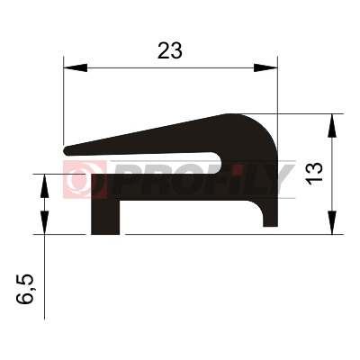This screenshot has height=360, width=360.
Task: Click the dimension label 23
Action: point(170,50)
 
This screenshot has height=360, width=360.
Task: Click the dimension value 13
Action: point(314,174)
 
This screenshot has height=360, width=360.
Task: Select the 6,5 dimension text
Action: point(24,289)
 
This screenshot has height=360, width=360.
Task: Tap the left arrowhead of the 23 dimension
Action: point(76,67)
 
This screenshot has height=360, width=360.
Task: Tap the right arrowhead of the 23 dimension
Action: point(265,67)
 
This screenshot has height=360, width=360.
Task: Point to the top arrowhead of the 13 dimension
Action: point(332,126)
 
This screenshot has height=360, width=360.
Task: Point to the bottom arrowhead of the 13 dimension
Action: point(332,222)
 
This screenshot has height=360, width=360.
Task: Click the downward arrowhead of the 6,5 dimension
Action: point(44,222)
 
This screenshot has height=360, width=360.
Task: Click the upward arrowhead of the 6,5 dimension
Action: point(44,185)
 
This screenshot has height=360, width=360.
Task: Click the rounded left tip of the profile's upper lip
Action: point(67,150)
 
